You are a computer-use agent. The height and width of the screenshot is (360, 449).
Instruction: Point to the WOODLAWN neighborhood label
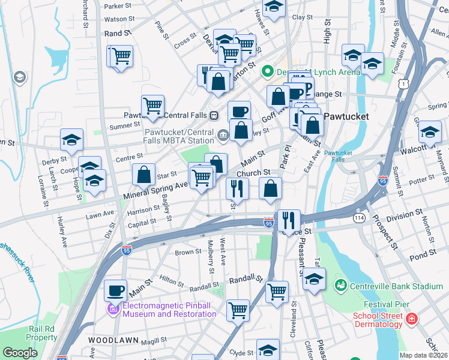tap(114, 340)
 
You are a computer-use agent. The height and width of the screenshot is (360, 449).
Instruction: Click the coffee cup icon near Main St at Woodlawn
tap(116, 291)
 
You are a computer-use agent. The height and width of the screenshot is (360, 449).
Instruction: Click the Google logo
tap(20, 353)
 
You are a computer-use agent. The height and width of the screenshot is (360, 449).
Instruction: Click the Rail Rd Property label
tap(42, 333)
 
